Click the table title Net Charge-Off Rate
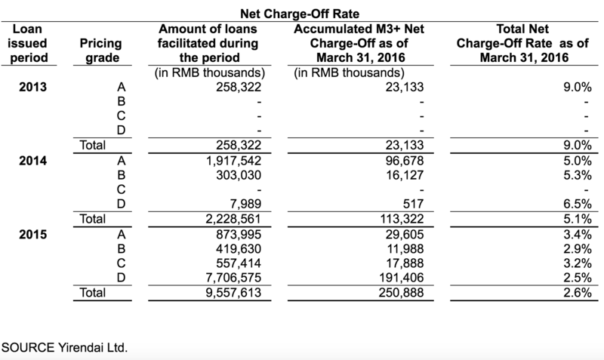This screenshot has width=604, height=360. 300,14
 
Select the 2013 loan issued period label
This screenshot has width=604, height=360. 32,87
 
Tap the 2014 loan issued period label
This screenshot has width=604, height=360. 32,161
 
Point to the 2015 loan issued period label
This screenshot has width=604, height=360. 32,235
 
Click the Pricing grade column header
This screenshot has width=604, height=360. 101,51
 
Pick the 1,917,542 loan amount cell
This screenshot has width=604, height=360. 233,161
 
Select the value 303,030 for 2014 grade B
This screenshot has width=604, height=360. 239,175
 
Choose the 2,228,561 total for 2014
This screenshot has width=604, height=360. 233,219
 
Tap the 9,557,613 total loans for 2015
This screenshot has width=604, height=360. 233,293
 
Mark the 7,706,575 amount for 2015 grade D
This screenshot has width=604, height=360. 233,278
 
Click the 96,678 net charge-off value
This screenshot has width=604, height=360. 405,161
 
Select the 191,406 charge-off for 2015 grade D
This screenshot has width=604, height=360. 401,278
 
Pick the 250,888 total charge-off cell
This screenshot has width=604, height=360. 401,293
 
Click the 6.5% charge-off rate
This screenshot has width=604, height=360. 578,204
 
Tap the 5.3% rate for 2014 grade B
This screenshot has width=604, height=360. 578,175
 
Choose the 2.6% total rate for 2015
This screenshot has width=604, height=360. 578,293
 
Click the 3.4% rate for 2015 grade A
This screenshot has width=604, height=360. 578,235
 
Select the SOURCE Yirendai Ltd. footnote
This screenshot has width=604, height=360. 64,348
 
